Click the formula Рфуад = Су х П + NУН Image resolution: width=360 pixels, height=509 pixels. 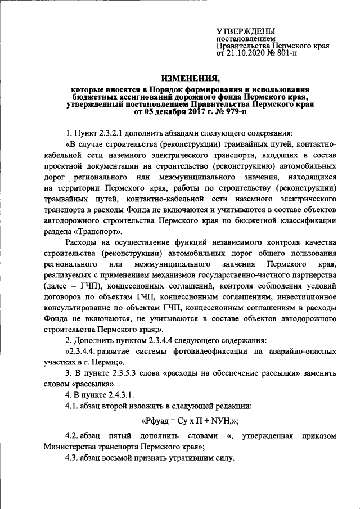point(187,420)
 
